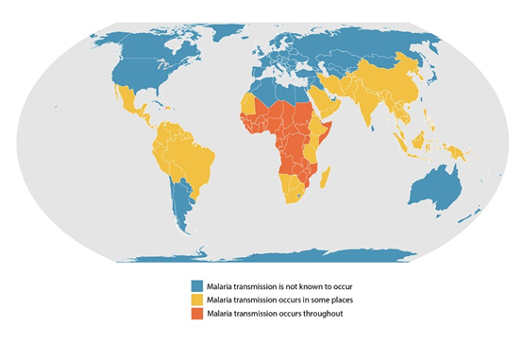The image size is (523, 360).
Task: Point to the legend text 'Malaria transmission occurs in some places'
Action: pyautogui.click(x=272, y=297)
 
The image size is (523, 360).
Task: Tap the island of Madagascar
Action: pyautogui.click(x=327, y=180)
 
